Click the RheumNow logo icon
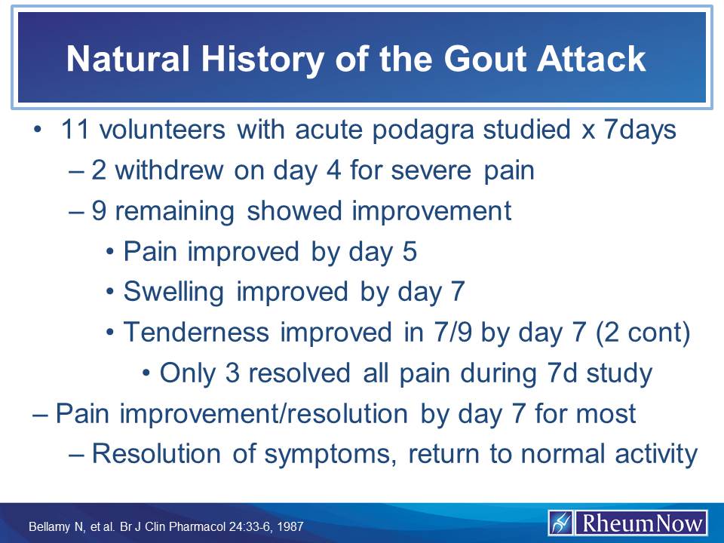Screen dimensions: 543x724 pos(562,523)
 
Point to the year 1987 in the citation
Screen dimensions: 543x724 pos(290,526)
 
